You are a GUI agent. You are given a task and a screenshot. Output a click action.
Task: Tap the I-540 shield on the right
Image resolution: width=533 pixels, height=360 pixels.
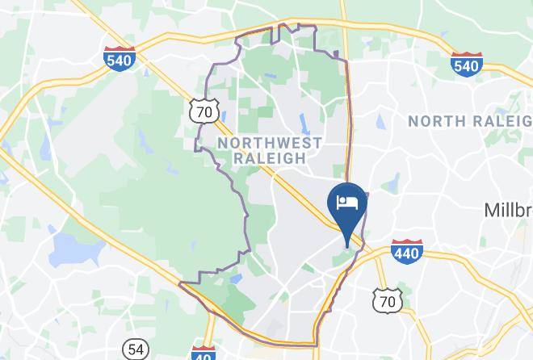467,63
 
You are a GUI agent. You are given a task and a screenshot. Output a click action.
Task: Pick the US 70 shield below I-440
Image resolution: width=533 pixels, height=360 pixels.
388,299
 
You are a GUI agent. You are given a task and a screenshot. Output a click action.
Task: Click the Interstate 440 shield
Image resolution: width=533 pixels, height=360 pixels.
406,252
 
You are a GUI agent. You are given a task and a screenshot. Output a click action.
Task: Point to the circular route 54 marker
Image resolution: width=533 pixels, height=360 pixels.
136,350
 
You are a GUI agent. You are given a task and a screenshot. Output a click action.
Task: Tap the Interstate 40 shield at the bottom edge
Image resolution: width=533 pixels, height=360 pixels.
203,354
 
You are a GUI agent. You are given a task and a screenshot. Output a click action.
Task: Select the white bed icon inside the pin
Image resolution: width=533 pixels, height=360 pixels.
348,201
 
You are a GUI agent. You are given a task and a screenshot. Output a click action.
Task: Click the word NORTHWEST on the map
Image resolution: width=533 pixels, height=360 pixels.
270,143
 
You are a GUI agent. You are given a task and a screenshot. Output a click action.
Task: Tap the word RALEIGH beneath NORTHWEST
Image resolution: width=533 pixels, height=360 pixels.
270,158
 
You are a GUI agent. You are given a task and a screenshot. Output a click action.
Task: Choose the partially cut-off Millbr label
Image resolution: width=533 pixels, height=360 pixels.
508,210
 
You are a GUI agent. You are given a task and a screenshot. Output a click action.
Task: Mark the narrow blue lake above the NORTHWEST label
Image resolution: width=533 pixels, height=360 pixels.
304,123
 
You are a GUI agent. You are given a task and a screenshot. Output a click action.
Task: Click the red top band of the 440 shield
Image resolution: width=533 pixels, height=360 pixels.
406,243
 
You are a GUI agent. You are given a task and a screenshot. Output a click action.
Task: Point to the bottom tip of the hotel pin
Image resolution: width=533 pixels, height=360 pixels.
348,246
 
